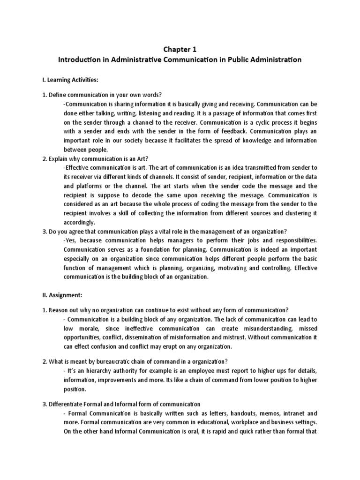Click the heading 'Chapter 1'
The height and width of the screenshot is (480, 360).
pos(180,49)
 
